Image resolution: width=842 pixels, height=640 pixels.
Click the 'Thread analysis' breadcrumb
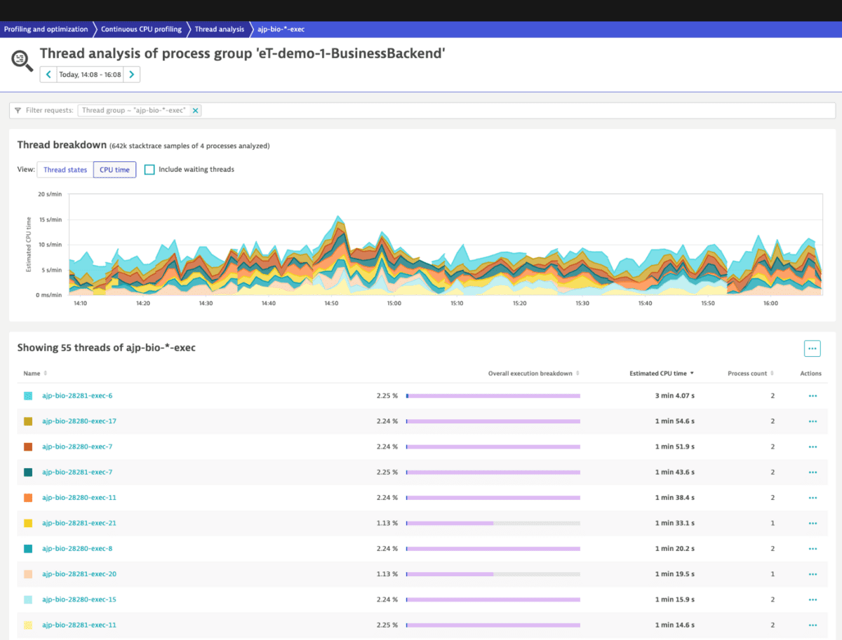[219, 29]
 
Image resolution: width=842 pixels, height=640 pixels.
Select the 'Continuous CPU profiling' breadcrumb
[141, 29]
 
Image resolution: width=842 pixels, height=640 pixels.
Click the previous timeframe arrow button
[48, 74]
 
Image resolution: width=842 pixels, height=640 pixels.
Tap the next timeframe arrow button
[132, 74]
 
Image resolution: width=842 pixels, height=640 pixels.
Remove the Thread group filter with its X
[196, 110]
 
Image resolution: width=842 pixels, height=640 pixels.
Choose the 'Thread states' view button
[65, 170]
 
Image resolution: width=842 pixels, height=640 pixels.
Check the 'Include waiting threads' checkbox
[149, 170]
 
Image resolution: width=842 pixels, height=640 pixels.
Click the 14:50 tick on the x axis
[331, 304]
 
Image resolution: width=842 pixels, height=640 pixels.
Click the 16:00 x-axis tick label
[770, 304]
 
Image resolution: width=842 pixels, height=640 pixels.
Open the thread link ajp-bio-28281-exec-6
[77, 396]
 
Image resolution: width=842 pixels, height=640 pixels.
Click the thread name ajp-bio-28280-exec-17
[79, 421]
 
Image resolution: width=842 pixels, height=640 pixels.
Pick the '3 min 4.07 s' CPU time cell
[674, 396]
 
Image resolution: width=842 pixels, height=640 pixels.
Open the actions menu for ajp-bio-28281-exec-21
[813, 523]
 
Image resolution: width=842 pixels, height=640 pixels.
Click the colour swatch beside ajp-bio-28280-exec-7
[28, 447]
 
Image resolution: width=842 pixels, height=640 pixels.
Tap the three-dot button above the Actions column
[812, 348]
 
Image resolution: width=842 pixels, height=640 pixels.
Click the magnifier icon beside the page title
[22, 60]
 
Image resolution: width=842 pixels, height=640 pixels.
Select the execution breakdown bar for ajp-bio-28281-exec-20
[493, 573]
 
